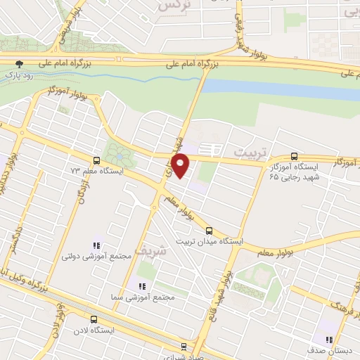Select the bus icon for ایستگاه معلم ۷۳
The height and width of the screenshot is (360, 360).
point(97,160)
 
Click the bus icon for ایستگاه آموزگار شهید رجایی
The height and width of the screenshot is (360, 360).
point(294,157)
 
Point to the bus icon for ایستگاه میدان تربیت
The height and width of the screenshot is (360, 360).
point(209,230)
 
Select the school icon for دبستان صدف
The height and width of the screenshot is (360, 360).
point(328,340)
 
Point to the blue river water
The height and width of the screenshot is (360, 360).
point(281,89)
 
